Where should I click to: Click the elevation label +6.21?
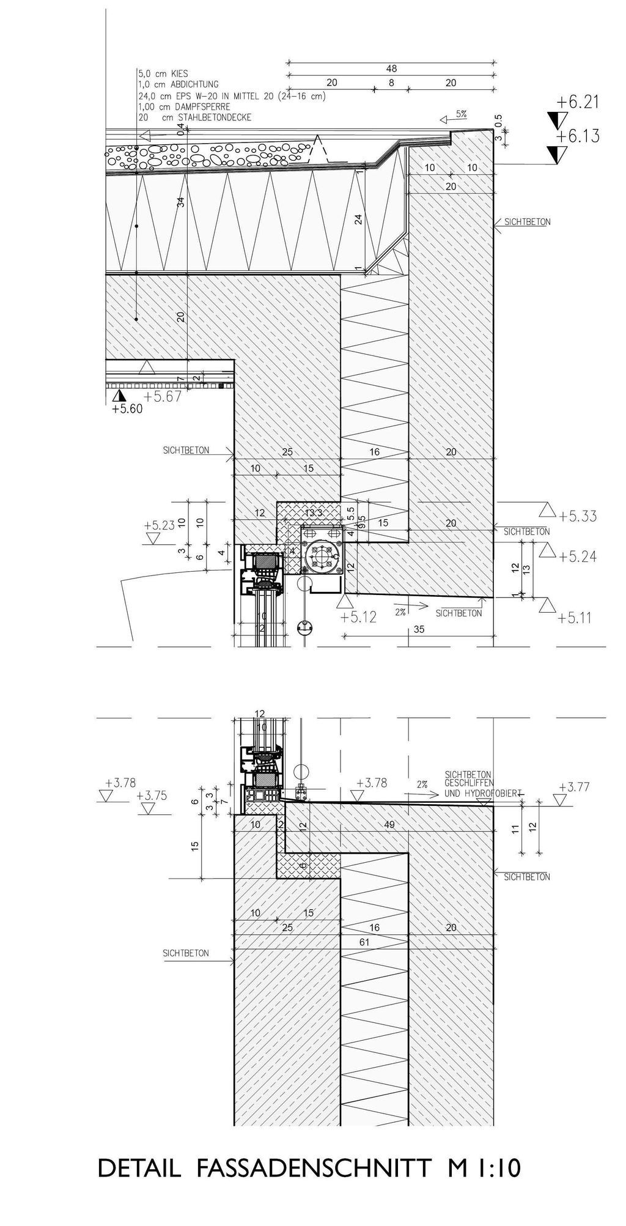578,102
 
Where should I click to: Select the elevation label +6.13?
578,136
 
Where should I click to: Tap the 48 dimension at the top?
391,69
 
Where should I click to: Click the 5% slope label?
462,114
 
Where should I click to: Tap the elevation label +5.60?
127,409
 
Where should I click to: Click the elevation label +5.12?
359,617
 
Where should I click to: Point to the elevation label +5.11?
575,618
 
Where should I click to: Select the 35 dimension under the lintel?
419,629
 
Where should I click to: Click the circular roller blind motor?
322,556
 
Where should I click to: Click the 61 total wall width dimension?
364,942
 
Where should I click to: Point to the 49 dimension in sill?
389,825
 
